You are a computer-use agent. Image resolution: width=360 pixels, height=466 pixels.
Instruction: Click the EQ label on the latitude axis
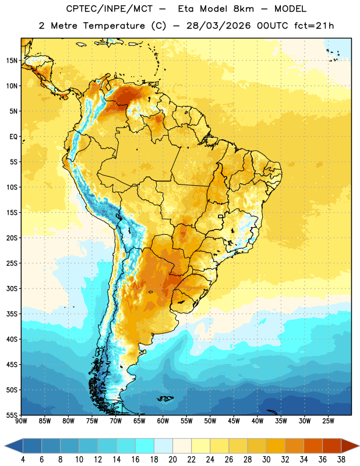coord(13,137)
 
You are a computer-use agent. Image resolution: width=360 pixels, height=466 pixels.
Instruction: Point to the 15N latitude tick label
coord(12,61)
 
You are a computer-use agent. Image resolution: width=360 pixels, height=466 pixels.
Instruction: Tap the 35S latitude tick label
coord(12,314)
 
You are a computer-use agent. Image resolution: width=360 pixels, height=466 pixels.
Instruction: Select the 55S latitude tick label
coord(12,415)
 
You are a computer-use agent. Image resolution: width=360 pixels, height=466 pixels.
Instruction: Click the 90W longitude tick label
coord(22,421)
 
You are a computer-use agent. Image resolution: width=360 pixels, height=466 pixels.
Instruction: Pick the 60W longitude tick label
coord(163,421)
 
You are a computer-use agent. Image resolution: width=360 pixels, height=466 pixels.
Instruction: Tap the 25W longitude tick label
coord(328,421)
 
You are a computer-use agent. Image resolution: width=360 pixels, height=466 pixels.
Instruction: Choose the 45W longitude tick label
coord(234,421)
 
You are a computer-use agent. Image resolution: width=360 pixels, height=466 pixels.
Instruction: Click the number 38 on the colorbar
coord(341,460)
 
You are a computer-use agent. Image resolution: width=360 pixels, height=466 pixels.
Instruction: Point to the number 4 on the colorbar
coord(23,460)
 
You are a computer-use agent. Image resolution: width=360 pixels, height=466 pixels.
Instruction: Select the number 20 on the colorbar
coord(172,460)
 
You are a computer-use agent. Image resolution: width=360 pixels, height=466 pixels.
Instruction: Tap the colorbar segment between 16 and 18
coord(145,446)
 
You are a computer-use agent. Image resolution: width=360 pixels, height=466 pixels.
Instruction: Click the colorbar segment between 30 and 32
coord(276,446)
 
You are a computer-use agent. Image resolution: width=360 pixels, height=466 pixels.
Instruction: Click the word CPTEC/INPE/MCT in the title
coord(109,9)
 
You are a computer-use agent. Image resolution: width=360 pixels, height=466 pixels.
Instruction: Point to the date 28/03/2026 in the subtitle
coord(218,26)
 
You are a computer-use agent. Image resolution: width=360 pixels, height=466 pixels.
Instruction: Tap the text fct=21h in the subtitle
coord(314,26)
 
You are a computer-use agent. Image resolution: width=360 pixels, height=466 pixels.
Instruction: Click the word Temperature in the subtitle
coord(114,26)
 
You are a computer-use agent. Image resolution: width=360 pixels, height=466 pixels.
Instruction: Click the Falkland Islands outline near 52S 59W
coord(165,398)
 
